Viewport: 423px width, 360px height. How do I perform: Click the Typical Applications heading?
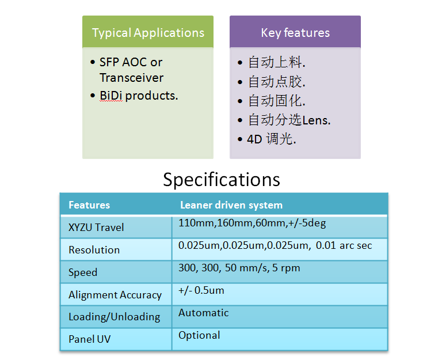(x=148, y=33)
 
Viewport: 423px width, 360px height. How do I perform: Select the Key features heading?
(x=295, y=33)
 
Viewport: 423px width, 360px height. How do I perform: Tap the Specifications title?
(x=222, y=180)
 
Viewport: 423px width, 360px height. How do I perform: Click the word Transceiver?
(x=131, y=78)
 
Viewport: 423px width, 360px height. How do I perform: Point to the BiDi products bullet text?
(x=139, y=96)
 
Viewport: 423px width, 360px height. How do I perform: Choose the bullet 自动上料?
(x=277, y=62)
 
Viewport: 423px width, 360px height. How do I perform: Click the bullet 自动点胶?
(x=277, y=82)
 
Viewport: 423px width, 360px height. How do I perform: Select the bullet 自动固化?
(x=277, y=101)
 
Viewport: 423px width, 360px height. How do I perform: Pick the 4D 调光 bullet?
(x=272, y=139)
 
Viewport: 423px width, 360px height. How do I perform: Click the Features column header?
(x=89, y=205)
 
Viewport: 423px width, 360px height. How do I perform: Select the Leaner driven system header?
(x=231, y=205)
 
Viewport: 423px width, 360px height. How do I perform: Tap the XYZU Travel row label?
(x=96, y=228)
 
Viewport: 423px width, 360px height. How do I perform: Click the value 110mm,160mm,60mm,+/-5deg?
(x=252, y=223)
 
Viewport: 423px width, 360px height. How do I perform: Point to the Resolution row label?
(x=94, y=250)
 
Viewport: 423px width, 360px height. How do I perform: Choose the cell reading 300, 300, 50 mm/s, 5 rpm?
(x=239, y=268)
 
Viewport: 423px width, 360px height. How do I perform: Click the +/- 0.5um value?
(x=201, y=291)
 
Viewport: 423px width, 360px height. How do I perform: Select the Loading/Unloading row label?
(x=115, y=317)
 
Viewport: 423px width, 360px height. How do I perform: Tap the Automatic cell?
(x=204, y=313)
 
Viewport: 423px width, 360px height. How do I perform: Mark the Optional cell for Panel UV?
(x=199, y=336)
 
